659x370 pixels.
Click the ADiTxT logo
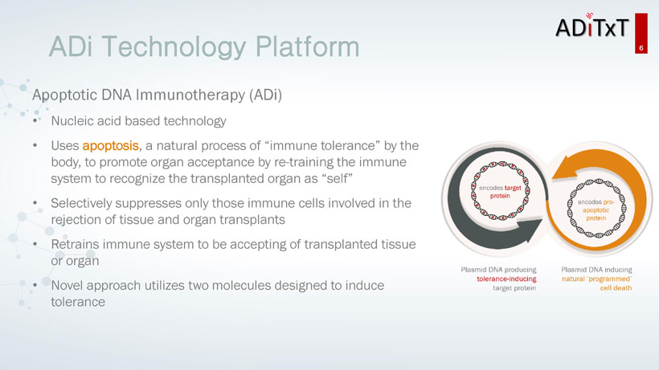[x=591, y=26]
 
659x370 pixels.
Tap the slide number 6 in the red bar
[x=641, y=48]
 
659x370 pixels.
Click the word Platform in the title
[x=307, y=47]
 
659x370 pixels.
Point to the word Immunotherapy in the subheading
[x=190, y=95]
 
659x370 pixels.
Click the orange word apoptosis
[x=111, y=146]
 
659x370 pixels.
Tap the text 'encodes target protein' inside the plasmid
[x=500, y=192]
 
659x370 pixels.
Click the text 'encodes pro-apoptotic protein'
[x=596, y=209]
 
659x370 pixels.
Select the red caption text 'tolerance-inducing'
[x=506, y=279]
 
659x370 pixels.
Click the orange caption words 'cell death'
[x=616, y=288]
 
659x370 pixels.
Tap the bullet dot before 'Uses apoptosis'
[x=35, y=145]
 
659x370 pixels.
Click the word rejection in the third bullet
[x=77, y=220]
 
